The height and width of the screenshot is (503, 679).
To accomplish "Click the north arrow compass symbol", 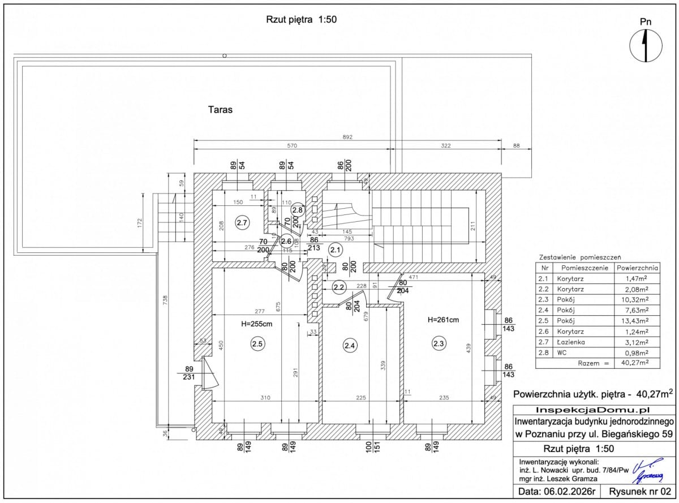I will (x=646, y=45).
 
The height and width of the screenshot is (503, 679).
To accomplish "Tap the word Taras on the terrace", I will (x=220, y=110).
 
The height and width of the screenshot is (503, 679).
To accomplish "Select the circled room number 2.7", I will (x=242, y=223).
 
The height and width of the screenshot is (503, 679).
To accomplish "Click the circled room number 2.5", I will (x=257, y=343).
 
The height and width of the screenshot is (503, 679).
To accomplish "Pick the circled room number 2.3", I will (x=439, y=343).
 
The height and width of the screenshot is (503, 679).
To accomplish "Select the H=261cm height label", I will (x=443, y=320).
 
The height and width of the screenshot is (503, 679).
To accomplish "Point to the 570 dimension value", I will (x=292, y=146).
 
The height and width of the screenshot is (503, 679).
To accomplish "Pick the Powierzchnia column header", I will (x=637, y=268).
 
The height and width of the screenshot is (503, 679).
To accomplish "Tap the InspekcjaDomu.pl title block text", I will (x=594, y=410).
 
